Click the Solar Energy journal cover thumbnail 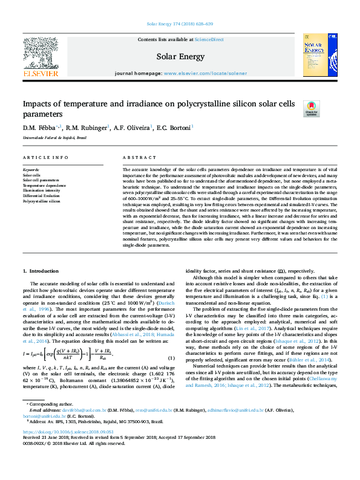pyautogui.click(x=320, y=56)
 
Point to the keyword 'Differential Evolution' pyautogui.click(x=42, y=196)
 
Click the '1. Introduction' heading pyautogui.click(x=41, y=271)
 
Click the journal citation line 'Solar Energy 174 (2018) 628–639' pyautogui.click(x=180, y=24)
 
